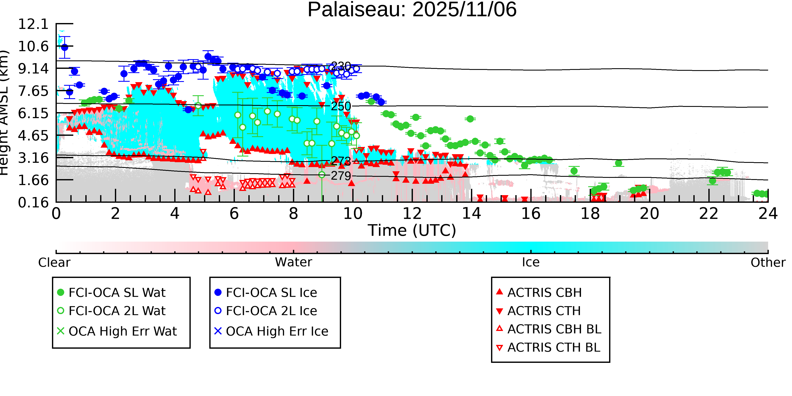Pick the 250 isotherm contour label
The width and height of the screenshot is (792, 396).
[341, 106]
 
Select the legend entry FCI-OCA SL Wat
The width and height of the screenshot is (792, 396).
[117, 292]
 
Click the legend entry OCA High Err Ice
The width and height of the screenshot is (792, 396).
[277, 331]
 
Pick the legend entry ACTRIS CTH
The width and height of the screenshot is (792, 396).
[544, 311]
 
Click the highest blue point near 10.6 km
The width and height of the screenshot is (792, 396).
[65, 47]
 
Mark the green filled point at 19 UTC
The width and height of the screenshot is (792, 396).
[619, 163]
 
